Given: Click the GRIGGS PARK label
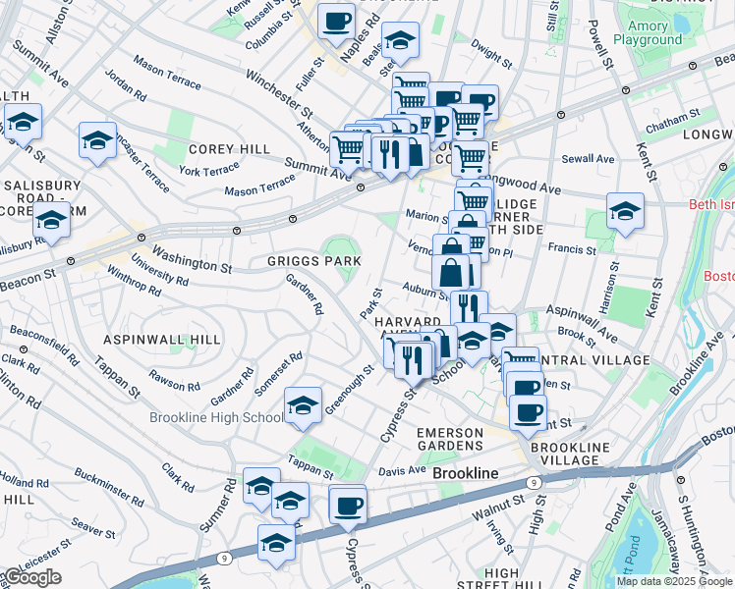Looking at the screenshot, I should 314,262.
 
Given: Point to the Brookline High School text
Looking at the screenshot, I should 217,417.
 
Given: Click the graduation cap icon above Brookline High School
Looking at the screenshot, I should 304,405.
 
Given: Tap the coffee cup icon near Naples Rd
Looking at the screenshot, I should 336,20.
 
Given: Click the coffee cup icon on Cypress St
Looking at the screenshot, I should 348,506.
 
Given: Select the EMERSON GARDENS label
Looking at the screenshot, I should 450,439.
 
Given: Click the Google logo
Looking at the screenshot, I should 32,577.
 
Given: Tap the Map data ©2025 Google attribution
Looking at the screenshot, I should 673,581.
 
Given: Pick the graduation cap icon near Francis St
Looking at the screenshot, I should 624,212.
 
